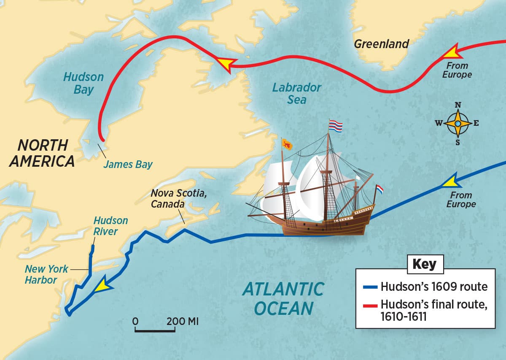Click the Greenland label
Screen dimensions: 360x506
[381, 44]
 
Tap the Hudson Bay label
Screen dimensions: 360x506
[83, 83]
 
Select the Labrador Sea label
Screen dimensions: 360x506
[296, 94]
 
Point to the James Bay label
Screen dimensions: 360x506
[128, 164]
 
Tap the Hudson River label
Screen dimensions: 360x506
[110, 226]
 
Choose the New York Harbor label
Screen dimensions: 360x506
[46, 274]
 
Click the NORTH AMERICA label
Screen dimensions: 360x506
[43, 153]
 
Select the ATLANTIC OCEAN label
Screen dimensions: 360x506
[283, 299]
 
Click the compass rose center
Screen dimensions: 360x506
[458, 124]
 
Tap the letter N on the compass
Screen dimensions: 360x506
[458, 106]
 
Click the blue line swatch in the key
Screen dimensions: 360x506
[370, 287]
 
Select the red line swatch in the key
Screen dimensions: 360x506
[370, 305]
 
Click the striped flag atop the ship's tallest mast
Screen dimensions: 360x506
[336, 125]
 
